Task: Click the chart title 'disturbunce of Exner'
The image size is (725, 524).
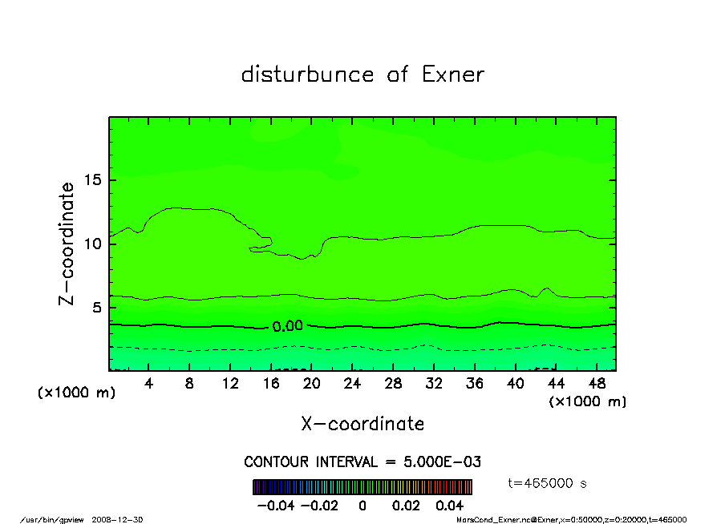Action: pos(362,75)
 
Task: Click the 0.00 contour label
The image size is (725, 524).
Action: pos(287,326)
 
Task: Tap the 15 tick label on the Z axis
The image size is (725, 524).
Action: pos(94,179)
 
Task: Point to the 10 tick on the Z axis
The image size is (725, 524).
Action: pos(94,244)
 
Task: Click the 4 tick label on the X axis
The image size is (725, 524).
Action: pos(148,383)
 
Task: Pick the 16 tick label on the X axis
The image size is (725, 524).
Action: pos(271,383)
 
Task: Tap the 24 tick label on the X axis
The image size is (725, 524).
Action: pos(352,383)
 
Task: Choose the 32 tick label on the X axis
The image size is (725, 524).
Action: pos(434,383)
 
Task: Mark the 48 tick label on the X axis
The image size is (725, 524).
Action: pos(597,383)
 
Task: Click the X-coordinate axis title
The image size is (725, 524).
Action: pos(362,424)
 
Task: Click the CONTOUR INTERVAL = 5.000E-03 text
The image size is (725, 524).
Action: pos(362,462)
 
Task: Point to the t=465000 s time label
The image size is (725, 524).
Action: pos(548,483)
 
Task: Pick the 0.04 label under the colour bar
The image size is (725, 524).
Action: pos(449,506)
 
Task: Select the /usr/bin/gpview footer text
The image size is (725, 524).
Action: pos(73,519)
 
